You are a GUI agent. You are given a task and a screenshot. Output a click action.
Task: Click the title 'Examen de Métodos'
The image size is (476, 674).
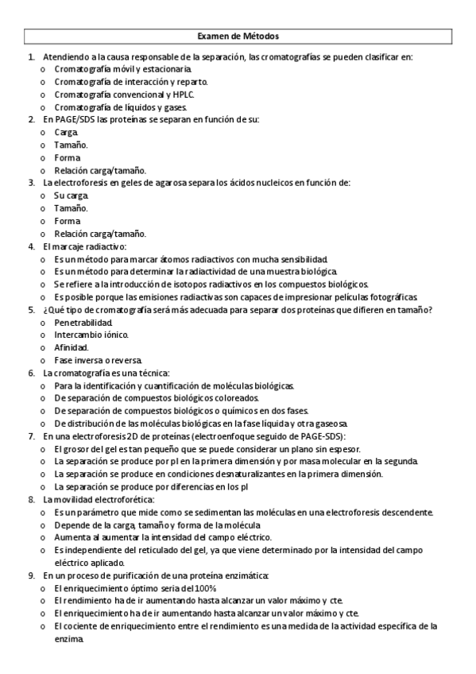(x=238, y=37)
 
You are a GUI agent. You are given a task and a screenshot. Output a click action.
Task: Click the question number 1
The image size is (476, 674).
(x=30, y=57)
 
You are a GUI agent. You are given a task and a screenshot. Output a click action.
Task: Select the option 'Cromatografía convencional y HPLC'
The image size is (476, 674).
(x=124, y=95)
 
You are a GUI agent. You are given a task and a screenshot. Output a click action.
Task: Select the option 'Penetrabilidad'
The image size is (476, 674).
(x=83, y=323)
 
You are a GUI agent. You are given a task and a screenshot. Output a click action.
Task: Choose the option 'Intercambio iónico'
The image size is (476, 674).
(x=91, y=335)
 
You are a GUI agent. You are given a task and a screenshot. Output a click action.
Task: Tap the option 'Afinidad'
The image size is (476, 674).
(x=72, y=347)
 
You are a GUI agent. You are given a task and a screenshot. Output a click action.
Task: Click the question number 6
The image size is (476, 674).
(x=30, y=373)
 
